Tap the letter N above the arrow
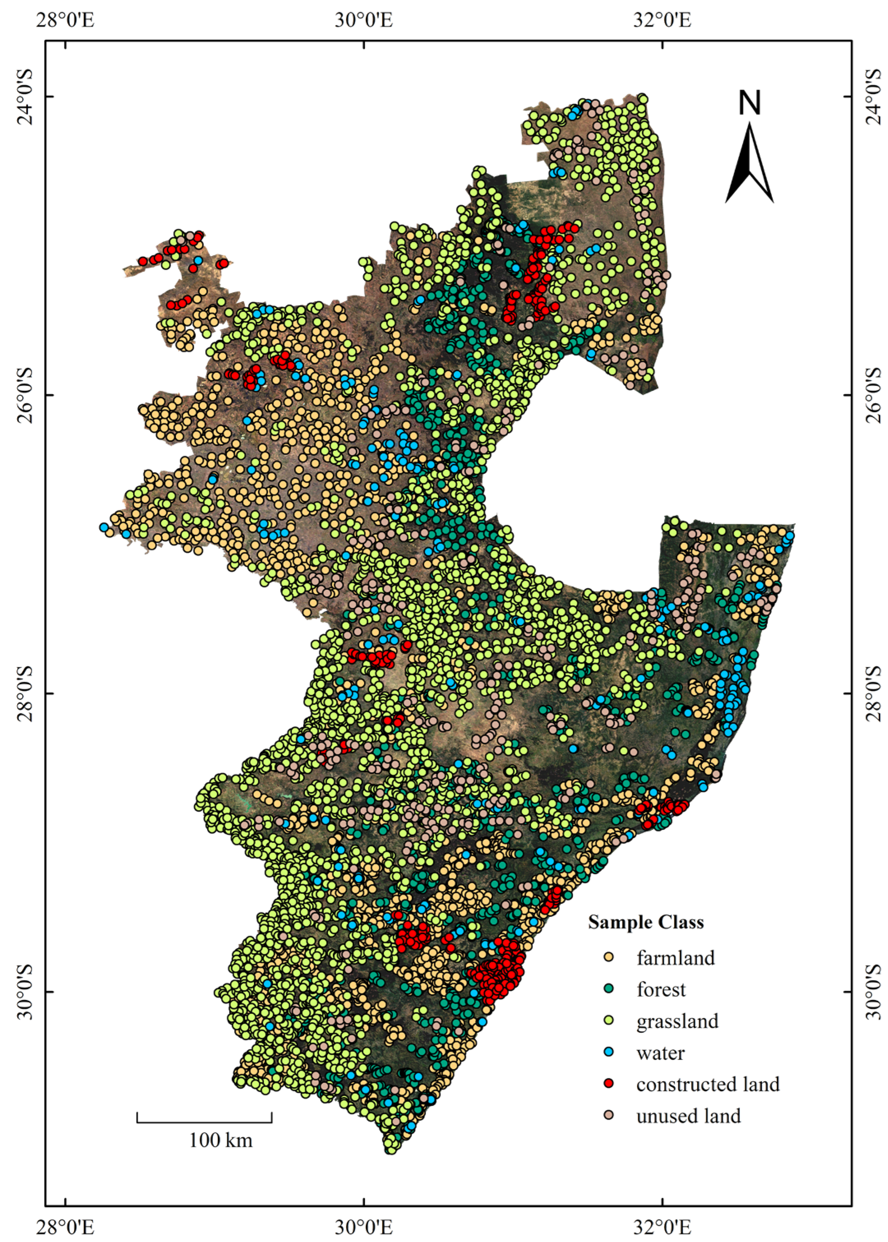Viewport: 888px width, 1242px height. point(749,103)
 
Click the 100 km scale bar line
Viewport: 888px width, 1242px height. point(204,1122)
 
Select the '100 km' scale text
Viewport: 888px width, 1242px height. point(221,1140)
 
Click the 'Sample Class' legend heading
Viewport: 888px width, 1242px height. point(646,922)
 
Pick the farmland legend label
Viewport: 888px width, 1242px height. point(675,958)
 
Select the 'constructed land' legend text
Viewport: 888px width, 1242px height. point(708,1084)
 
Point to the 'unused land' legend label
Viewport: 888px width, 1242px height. point(689,1116)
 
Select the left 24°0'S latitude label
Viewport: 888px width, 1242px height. point(26,96)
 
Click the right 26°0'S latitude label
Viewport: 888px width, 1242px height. point(873,395)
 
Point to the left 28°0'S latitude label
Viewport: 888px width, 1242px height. point(26,693)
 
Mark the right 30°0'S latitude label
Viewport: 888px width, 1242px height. point(873,992)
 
